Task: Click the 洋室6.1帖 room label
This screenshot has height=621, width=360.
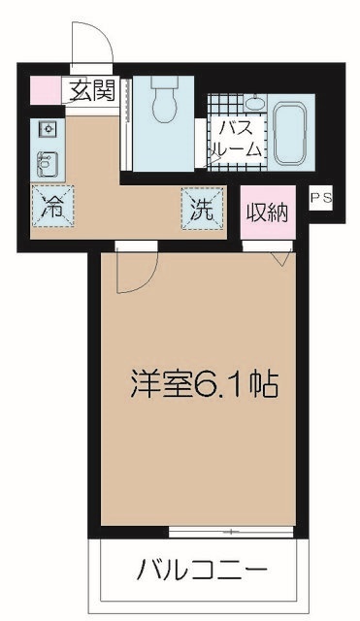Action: pyautogui.click(x=205, y=385)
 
